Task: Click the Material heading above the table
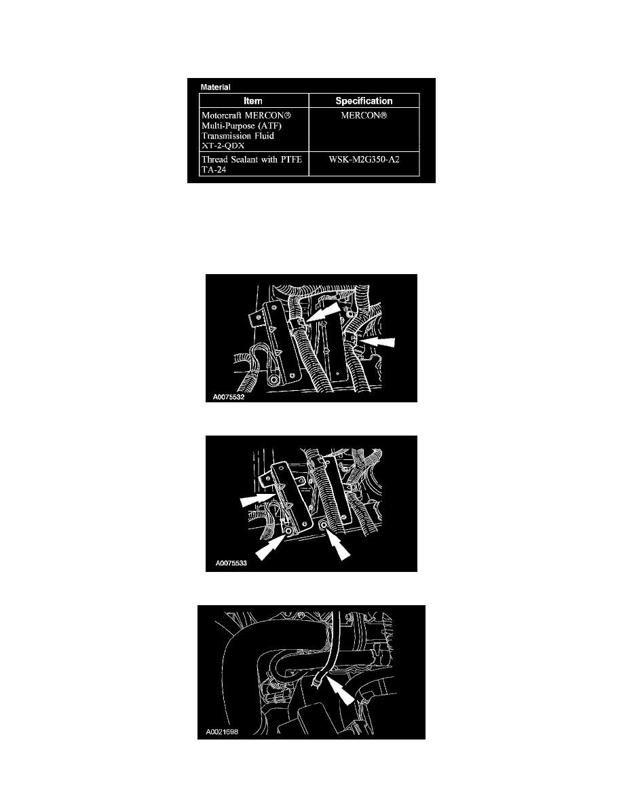[215, 87]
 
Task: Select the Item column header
[253, 100]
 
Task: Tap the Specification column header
[364, 100]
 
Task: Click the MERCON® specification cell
[364, 115]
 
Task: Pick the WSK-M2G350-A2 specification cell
[364, 159]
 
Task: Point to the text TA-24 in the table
[214, 169]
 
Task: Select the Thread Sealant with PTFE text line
[252, 159]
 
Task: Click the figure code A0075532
[229, 397]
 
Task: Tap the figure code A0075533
[231, 563]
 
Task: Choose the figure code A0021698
[222, 731]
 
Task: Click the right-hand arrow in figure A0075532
[377, 342]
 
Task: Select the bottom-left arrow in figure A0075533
[271, 545]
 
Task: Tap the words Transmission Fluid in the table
[238, 136]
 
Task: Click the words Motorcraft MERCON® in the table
[246, 115]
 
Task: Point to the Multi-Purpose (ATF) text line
[242, 126]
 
